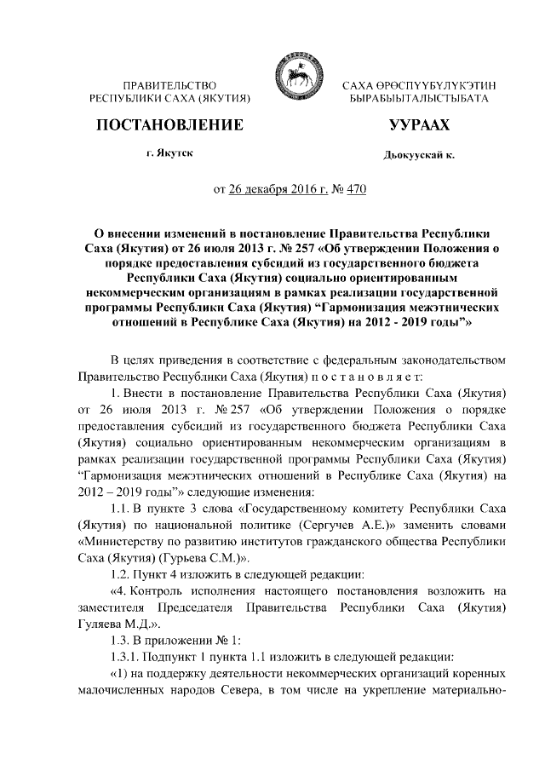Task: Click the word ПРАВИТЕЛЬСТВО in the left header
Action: point(169,87)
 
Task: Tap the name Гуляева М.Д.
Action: point(110,624)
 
